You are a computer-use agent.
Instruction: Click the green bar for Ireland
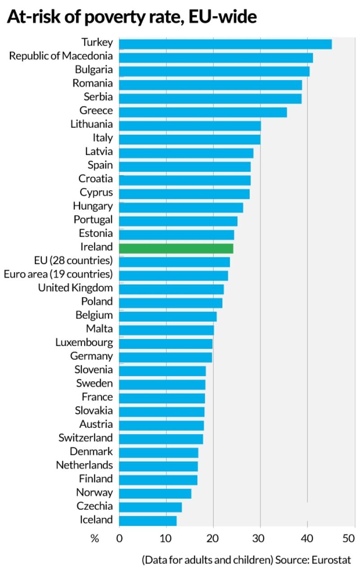click(176, 248)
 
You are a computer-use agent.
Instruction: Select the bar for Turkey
click(225, 44)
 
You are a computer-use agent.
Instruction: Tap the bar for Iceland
click(148, 520)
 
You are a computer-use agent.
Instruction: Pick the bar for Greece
click(202, 112)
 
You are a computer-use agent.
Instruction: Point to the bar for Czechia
click(150, 507)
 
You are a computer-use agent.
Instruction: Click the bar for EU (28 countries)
click(174, 261)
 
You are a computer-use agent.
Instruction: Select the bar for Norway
click(155, 493)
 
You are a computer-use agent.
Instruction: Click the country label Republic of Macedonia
click(61, 56)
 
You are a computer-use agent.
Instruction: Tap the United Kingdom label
click(75, 288)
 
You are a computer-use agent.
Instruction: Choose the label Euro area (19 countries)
click(58, 274)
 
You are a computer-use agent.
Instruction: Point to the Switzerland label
click(85, 437)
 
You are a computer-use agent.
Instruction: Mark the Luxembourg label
click(84, 342)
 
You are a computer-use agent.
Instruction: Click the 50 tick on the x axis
click(349, 538)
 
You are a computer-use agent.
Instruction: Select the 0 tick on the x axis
click(119, 538)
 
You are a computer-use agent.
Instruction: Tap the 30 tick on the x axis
click(260, 538)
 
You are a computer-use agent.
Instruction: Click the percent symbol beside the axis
click(94, 538)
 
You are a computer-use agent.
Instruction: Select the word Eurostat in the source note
click(331, 560)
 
